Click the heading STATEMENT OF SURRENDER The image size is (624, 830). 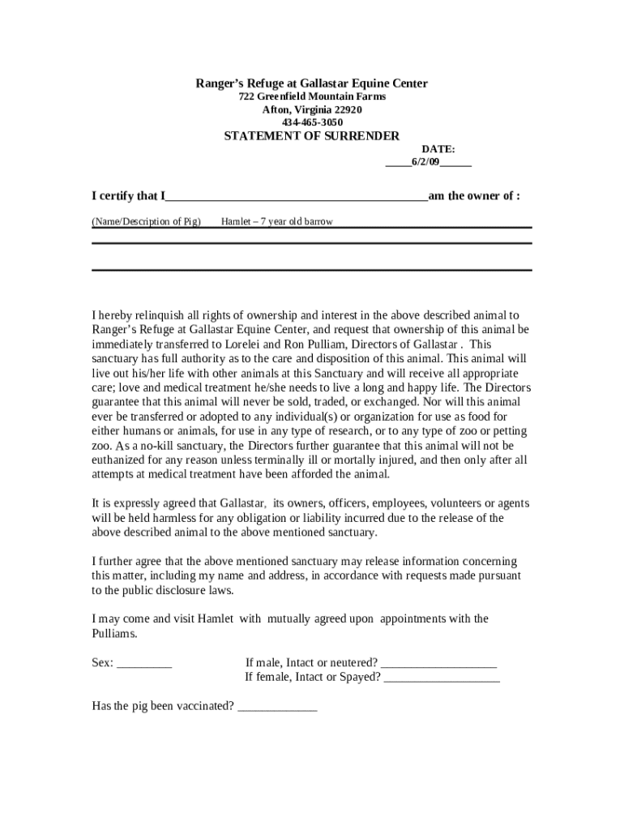point(311,136)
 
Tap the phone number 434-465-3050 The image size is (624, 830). point(311,122)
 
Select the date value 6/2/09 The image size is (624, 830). point(425,162)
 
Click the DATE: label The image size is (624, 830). point(438,149)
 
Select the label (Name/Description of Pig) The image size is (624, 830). point(146,221)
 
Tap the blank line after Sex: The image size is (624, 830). point(144,664)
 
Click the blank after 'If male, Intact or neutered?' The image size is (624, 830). point(438,664)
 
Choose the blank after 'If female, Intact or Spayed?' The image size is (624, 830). point(442,678)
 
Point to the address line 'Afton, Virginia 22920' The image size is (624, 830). point(311,109)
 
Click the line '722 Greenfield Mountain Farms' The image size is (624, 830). point(311,96)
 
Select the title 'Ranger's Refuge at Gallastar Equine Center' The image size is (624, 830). point(311,83)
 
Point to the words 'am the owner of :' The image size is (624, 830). point(474,196)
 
